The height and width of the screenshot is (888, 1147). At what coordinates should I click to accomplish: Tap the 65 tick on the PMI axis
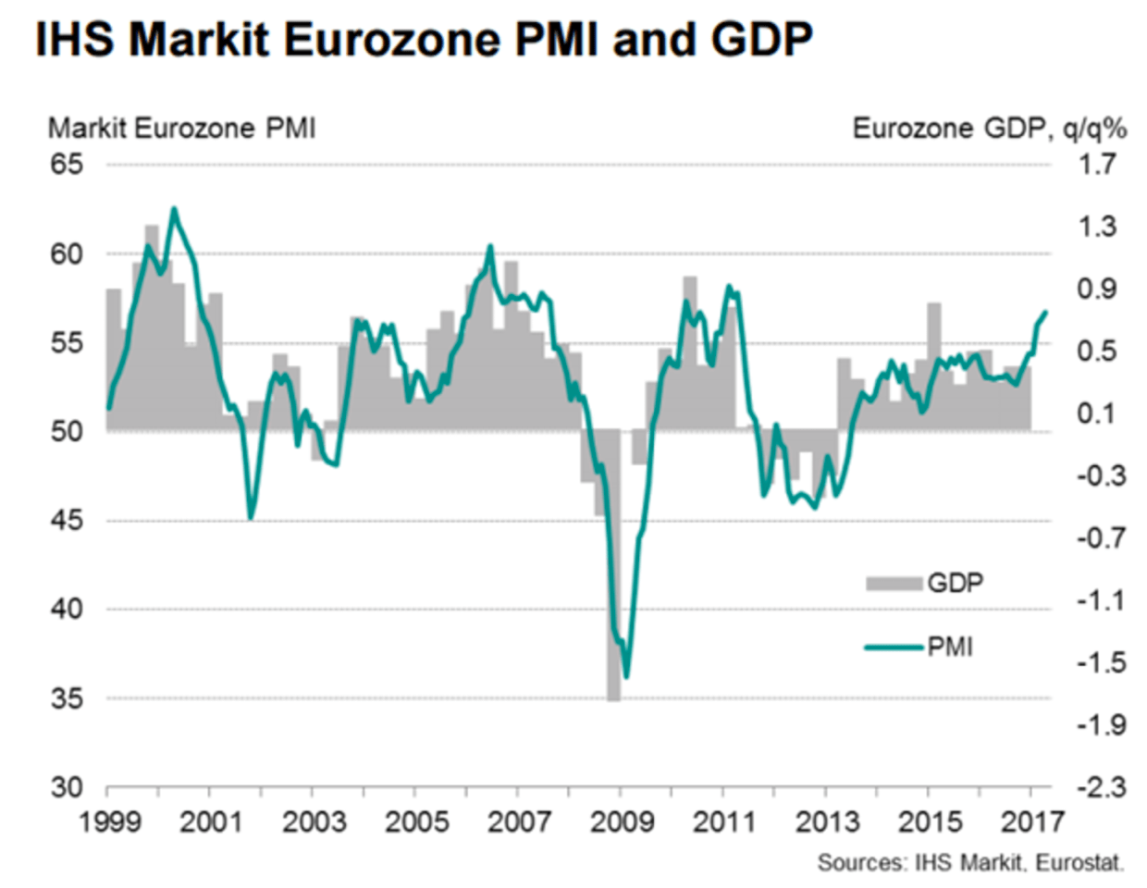point(67,165)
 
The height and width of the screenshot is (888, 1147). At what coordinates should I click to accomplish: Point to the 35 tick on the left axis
point(67,698)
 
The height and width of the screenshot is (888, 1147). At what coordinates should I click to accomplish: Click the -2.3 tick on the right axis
point(1098,787)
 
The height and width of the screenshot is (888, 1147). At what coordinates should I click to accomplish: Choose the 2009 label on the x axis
point(622,821)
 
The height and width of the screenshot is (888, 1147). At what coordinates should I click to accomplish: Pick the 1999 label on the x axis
point(110,821)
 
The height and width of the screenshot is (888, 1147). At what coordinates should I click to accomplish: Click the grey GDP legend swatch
point(894,584)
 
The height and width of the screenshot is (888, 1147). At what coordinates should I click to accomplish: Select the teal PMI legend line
point(894,647)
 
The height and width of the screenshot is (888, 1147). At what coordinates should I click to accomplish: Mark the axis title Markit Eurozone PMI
point(181,128)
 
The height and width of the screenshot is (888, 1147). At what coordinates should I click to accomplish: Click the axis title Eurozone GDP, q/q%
point(989,128)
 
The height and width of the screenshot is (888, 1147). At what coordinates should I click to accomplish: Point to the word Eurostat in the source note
point(1079,863)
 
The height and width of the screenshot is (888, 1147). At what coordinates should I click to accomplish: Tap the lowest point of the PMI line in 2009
point(626,676)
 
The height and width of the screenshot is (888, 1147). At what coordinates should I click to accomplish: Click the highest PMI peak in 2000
point(174,209)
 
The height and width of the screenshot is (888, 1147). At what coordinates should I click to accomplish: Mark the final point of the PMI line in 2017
point(1045,313)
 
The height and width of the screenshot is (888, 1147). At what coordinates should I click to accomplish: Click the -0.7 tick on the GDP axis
point(1098,538)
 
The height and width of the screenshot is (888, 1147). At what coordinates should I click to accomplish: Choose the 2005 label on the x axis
point(416,821)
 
